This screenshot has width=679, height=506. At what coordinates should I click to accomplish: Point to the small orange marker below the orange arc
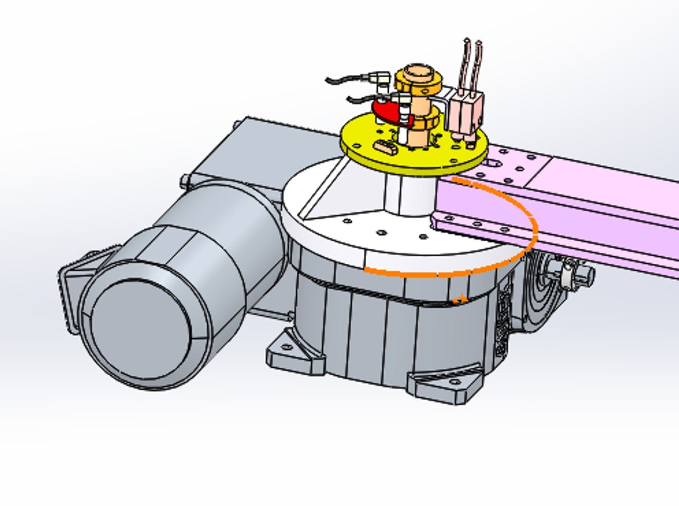(x=461, y=298)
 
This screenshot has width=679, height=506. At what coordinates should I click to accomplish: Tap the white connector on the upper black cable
(x=380, y=78)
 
